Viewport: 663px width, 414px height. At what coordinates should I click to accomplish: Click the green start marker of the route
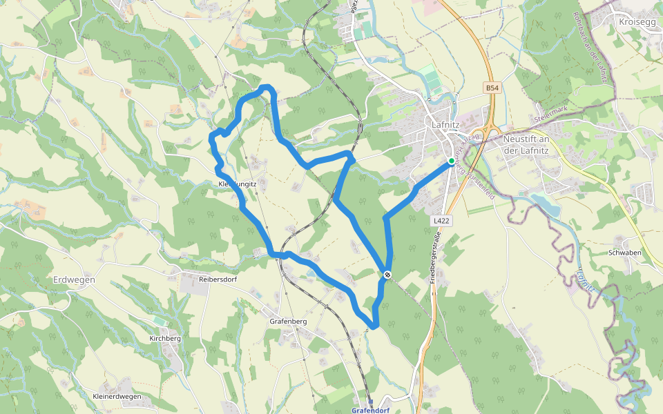[451, 161]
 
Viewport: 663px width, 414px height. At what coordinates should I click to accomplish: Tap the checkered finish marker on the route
[387, 275]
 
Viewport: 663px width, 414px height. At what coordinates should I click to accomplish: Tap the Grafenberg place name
[288, 322]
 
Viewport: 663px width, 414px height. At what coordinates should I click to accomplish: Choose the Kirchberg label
[165, 339]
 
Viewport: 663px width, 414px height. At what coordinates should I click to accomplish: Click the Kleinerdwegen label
[117, 396]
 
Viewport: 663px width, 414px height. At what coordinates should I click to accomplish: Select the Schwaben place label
[625, 253]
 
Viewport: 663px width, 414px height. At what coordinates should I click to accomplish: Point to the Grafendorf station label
[370, 410]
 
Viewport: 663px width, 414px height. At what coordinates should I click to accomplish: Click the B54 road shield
[491, 88]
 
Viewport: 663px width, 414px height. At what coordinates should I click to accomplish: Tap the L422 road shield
[442, 221]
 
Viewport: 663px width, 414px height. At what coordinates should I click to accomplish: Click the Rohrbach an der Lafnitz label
[593, 48]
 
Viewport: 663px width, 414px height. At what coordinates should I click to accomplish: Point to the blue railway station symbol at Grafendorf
[370, 402]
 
